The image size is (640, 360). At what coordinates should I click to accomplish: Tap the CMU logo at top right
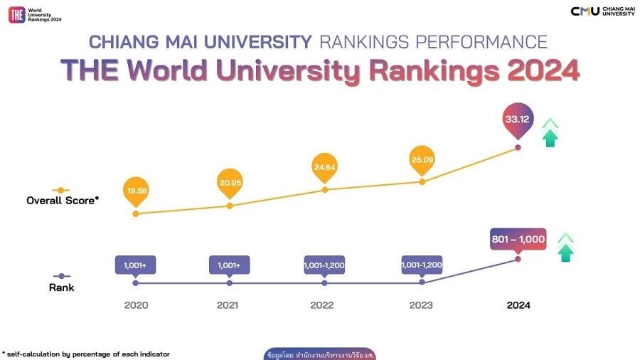[585, 11]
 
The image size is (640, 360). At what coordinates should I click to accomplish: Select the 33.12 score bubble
[518, 120]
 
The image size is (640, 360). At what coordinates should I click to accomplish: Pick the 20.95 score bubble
[230, 183]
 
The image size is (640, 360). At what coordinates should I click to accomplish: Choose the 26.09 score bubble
[422, 159]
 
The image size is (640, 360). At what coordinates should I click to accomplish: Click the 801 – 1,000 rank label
[518, 239]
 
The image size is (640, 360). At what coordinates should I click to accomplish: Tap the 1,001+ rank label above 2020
[135, 265]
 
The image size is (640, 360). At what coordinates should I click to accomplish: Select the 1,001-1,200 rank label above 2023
[422, 265]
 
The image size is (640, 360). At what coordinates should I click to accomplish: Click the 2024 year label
[518, 305]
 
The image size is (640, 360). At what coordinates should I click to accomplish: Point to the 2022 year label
[324, 305]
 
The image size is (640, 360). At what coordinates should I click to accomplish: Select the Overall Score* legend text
[63, 201]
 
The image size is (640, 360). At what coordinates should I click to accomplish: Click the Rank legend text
[63, 287]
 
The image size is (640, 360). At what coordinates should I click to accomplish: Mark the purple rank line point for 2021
[230, 283]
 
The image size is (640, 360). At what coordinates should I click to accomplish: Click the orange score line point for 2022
[324, 190]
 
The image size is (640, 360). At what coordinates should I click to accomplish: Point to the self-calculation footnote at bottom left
[86, 354]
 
